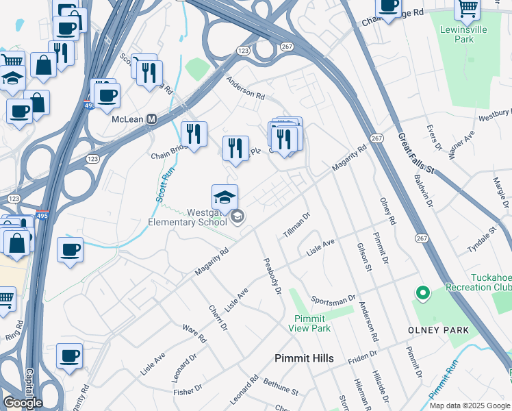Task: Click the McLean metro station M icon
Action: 152,119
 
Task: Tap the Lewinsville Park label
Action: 468,35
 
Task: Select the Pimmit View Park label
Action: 313,323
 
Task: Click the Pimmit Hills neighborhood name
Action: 304,358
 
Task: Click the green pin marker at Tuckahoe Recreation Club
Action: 422,294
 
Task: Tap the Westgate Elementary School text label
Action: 188,217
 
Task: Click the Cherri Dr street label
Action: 218,316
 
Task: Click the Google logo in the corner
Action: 23,403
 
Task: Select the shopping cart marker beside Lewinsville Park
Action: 467,9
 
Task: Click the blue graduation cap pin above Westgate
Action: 225,199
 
